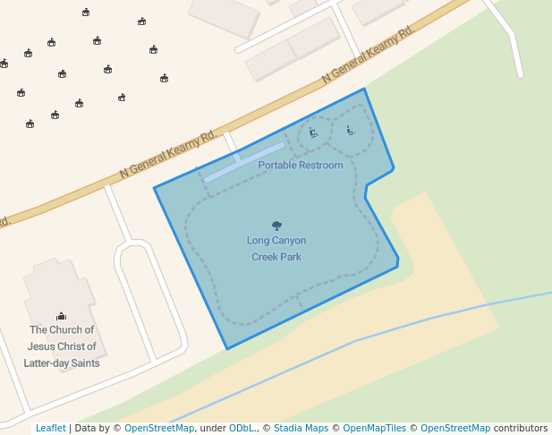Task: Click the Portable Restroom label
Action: [x=300, y=166]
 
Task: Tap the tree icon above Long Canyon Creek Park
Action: [x=276, y=226]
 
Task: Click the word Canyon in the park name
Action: [x=289, y=241]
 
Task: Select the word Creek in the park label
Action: [x=265, y=257]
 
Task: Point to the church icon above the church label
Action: [x=61, y=315]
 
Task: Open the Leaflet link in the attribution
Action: [x=50, y=428]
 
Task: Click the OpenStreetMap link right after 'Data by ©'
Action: [x=159, y=428]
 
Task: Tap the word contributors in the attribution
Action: [x=521, y=428]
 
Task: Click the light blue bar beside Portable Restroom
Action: [x=243, y=162]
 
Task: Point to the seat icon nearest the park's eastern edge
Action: [x=351, y=130]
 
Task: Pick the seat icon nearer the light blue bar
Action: [x=313, y=133]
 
